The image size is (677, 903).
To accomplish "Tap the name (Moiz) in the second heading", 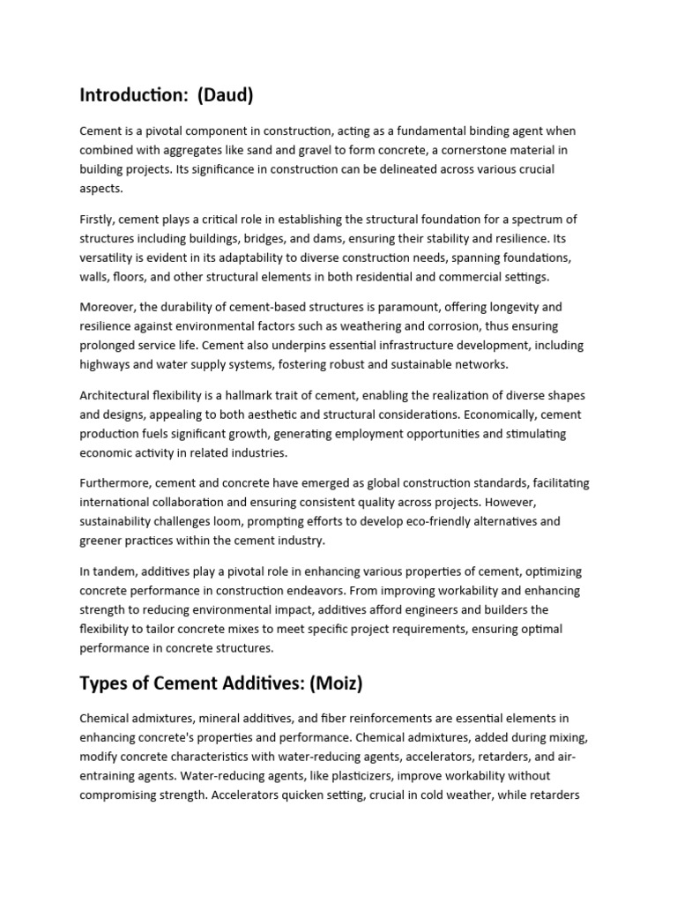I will coord(341,684).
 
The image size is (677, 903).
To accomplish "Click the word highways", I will coord(106,365).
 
